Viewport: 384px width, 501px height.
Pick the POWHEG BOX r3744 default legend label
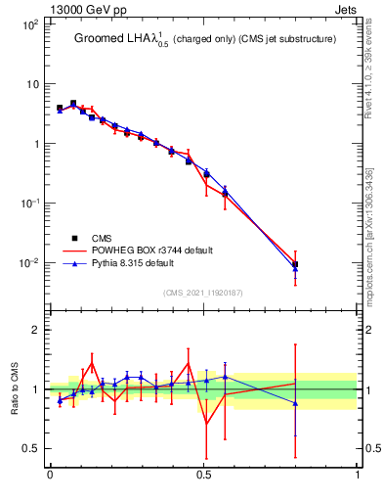[151, 250]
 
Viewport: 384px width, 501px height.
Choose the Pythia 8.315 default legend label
[144, 263]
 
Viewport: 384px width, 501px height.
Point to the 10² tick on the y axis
[30, 24]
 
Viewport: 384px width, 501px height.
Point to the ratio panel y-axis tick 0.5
[32, 449]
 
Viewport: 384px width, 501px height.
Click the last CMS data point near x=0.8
[295, 264]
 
